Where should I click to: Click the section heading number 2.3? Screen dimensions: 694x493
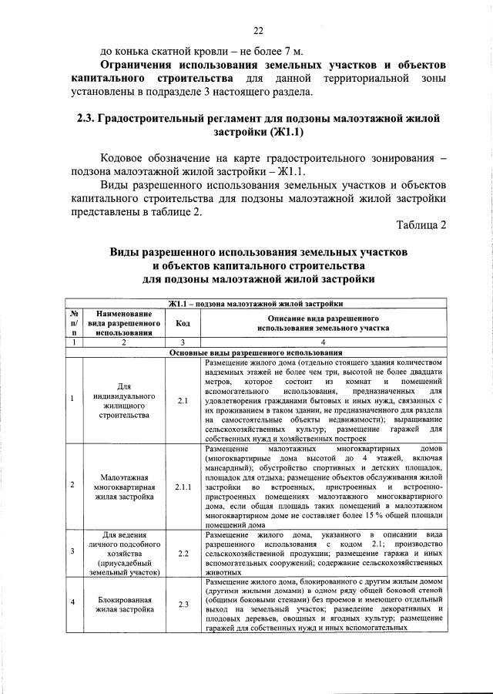click(86, 119)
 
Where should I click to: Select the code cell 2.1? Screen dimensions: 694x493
click(183, 401)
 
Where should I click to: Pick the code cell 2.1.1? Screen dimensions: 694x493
click(183, 487)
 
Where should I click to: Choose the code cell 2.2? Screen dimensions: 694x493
click(183, 553)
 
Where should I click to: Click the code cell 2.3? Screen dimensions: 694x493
click(183, 604)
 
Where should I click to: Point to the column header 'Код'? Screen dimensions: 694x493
click(183, 323)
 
